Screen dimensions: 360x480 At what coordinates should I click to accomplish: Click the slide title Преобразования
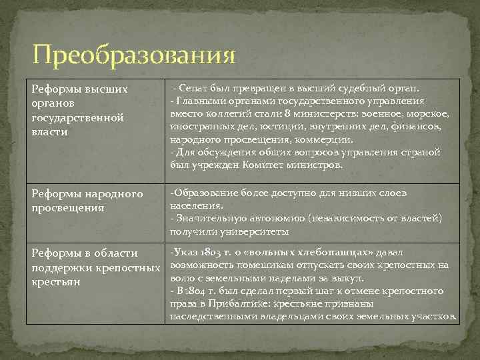(x=133, y=55)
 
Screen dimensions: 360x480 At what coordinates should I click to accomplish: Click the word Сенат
(x=195, y=89)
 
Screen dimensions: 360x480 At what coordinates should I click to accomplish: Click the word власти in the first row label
(x=49, y=132)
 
